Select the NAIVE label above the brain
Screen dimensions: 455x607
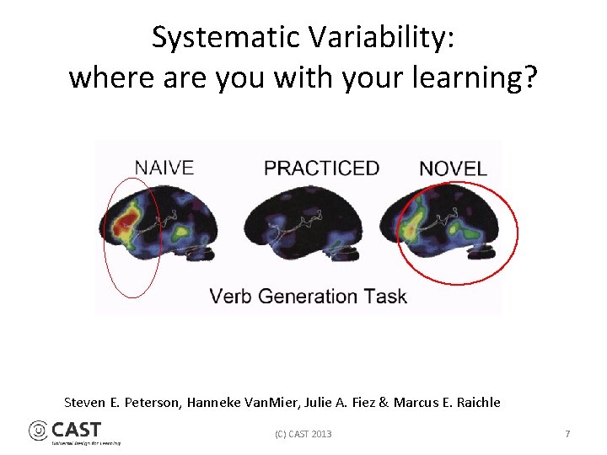[164, 168]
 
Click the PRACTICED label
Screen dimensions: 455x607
[321, 168]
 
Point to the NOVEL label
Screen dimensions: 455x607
[453, 169]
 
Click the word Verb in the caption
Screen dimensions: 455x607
[230, 297]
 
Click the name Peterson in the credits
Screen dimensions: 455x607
[150, 403]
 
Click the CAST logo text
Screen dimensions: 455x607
[77, 430]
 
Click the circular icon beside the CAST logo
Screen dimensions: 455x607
[39, 431]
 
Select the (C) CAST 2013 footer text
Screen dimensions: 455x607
[303, 434]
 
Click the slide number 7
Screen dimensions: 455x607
[567, 434]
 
